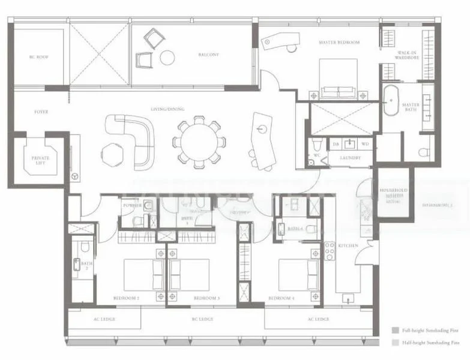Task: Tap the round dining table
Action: (x=199, y=142)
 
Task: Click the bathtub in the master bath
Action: (x=393, y=101)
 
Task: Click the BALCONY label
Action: (x=208, y=55)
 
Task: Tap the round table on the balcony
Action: (x=167, y=58)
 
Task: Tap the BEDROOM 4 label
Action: (x=281, y=298)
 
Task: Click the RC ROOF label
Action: (x=38, y=57)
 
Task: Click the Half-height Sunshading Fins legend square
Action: (x=394, y=343)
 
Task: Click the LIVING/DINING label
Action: (x=167, y=109)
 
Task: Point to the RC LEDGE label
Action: (x=202, y=319)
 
